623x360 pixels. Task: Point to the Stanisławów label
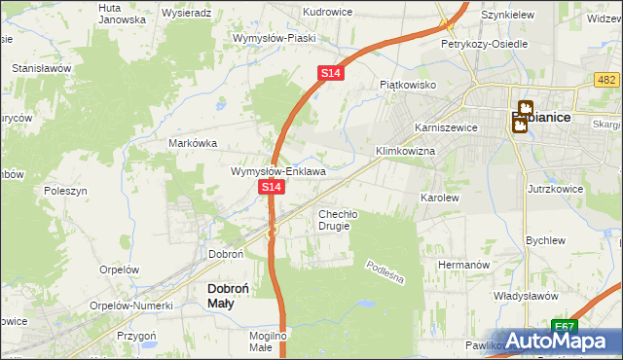pos(42,69)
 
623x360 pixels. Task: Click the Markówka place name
pos(192,142)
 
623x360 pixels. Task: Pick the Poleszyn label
pos(66,192)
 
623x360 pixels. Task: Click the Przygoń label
pos(137,335)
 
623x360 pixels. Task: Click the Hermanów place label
pos(461,265)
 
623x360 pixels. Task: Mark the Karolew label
pos(439,198)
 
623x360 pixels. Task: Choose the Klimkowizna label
pos(405,153)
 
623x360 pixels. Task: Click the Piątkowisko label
pos(407,85)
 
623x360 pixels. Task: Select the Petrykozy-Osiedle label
pos(484,45)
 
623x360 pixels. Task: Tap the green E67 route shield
pos(563,326)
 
